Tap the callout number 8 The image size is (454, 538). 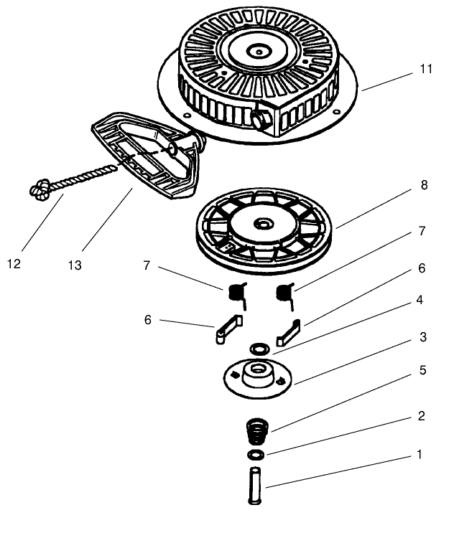424,185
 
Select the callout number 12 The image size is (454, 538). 14,264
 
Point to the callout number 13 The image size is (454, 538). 75,265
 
